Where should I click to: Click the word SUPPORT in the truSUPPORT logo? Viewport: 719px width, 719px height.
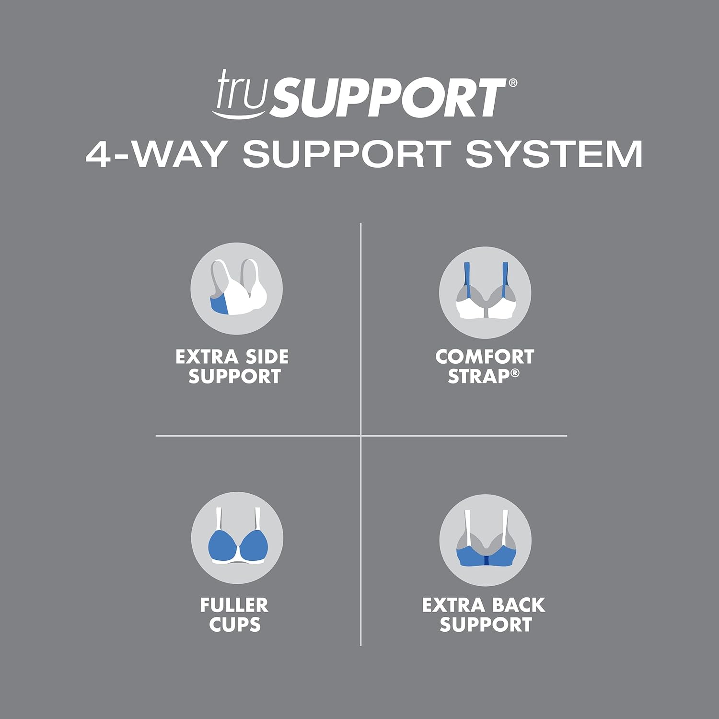click(386, 98)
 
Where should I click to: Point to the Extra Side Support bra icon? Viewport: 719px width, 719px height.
click(236, 289)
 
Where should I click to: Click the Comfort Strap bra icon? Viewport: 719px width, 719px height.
click(485, 293)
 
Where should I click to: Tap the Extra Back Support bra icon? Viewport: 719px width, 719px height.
click(485, 540)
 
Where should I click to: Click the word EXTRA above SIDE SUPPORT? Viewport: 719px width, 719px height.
click(207, 357)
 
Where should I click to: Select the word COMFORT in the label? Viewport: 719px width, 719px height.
click(485, 357)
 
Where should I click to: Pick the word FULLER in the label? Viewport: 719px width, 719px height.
click(234, 605)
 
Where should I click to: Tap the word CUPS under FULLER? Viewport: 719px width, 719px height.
click(234, 625)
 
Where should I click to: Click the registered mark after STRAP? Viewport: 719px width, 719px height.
click(515, 372)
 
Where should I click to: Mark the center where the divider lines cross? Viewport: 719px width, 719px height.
click(360, 436)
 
